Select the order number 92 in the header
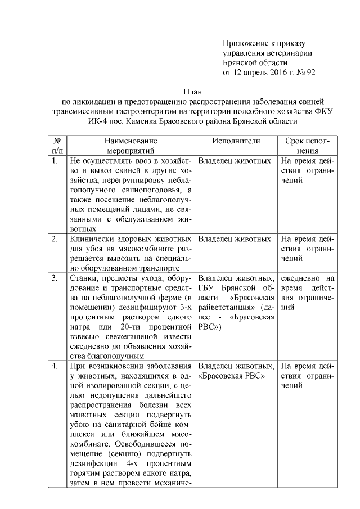tap(310, 72)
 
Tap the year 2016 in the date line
tap(275, 72)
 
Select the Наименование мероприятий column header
tap(130, 146)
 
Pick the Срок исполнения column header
tap(308, 146)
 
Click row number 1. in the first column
tap(55, 160)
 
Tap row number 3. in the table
tap(55, 278)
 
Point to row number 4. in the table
tap(55, 366)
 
